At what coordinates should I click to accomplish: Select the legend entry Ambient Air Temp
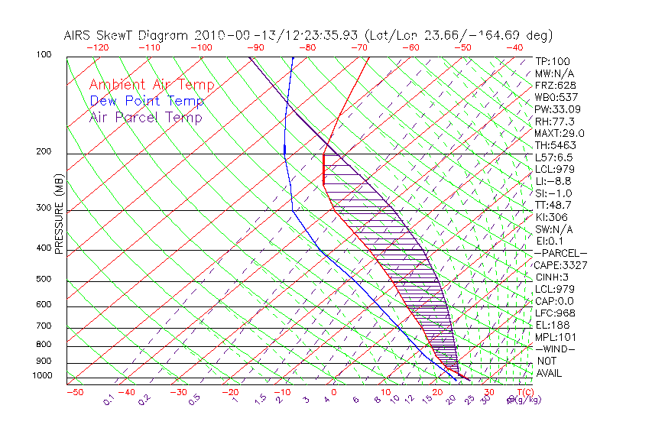[x=152, y=85]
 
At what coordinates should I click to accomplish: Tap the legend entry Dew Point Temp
[x=147, y=101]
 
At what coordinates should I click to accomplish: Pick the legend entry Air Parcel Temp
[x=146, y=117]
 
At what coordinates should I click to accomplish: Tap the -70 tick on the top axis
[x=358, y=47]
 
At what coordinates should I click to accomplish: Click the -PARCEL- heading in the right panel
[x=561, y=253]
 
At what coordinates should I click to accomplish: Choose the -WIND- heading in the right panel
[x=556, y=349]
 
